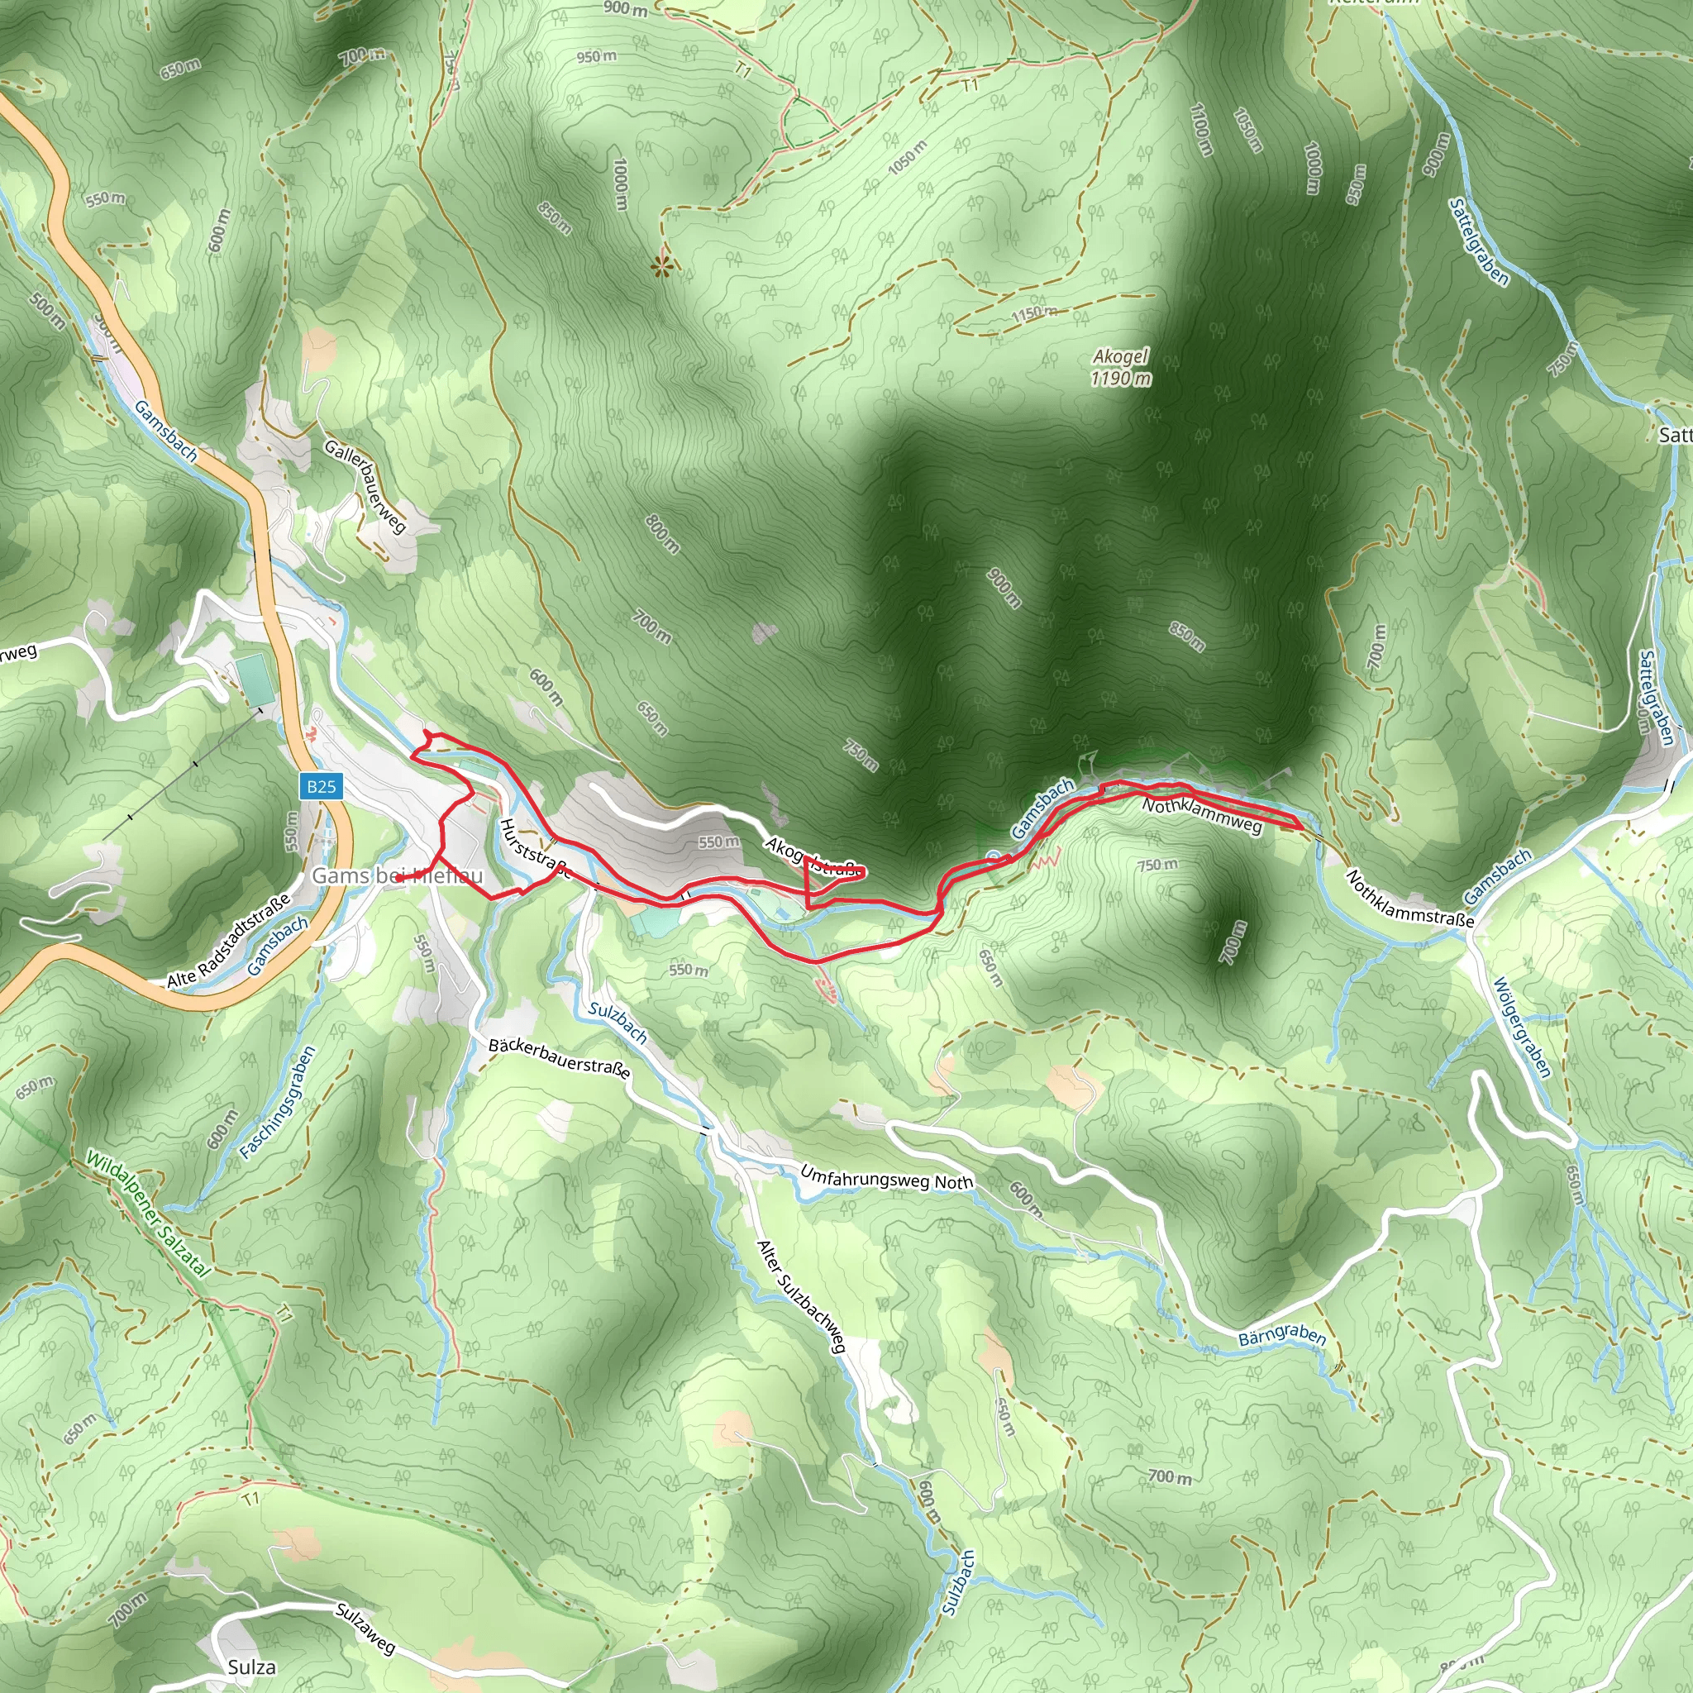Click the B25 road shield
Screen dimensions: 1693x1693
click(321, 786)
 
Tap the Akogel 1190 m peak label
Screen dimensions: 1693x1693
click(1121, 367)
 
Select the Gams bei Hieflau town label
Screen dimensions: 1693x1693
click(397, 875)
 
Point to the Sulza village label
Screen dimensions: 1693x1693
click(251, 1667)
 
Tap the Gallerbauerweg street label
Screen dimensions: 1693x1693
click(365, 485)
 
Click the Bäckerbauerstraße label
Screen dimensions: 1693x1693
click(559, 1057)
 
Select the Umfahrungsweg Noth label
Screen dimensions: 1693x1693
click(886, 1179)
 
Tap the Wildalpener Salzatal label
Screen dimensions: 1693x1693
click(147, 1214)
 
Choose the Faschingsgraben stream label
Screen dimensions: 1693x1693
click(277, 1104)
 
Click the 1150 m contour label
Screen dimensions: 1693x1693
click(1034, 313)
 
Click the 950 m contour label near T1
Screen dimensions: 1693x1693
click(597, 57)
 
